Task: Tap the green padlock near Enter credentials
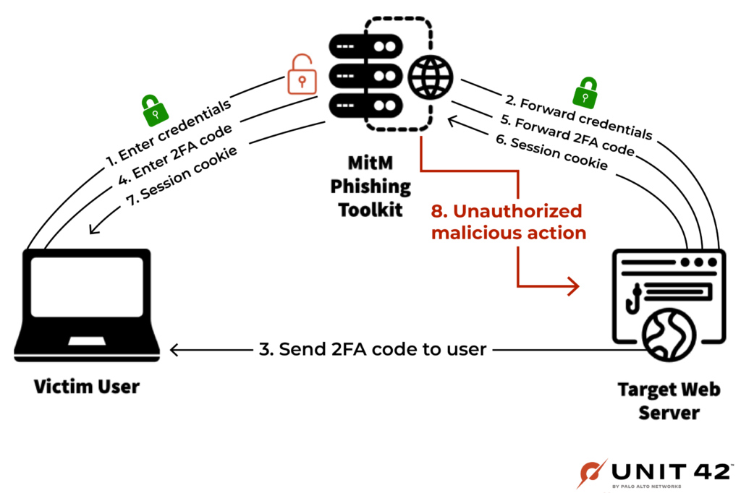click(x=155, y=111)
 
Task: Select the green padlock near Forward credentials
click(x=585, y=93)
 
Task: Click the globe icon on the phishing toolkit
click(x=430, y=77)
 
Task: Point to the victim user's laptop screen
click(x=87, y=287)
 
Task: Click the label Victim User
click(x=87, y=387)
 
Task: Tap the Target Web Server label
click(x=669, y=401)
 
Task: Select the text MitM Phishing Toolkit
click(x=370, y=186)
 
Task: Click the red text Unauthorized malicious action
click(x=509, y=222)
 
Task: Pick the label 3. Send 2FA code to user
click(x=373, y=349)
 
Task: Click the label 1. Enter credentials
click(x=168, y=133)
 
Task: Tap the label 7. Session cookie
click(x=182, y=176)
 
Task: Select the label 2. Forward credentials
click(x=578, y=116)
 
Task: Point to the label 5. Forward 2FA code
click(x=567, y=134)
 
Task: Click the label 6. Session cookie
click(x=551, y=152)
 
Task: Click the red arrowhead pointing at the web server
click(x=573, y=286)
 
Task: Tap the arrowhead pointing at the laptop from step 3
click(x=174, y=350)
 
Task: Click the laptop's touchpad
click(x=87, y=341)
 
